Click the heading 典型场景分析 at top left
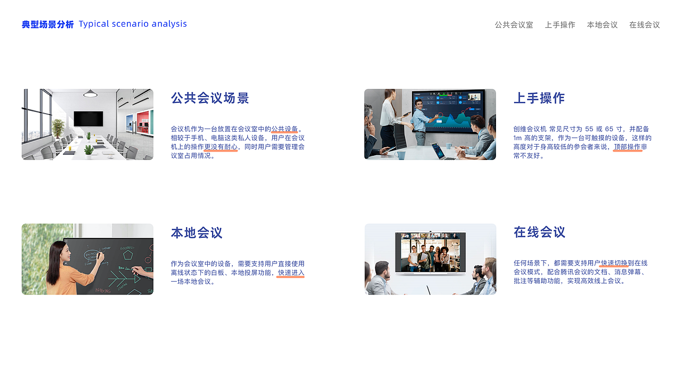[x=47, y=25]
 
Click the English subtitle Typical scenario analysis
[x=133, y=24]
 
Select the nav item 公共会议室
[x=514, y=25]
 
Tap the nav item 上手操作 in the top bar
[x=560, y=25]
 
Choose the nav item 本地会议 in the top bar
[x=602, y=25]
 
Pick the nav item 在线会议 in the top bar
[x=644, y=25]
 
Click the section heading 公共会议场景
[x=210, y=98]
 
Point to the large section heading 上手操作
[x=539, y=98]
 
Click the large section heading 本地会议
[x=197, y=233]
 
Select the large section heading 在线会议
[x=539, y=233]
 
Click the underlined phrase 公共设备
[x=285, y=129]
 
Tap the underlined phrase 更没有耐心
[x=221, y=147]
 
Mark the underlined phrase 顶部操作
[x=627, y=147]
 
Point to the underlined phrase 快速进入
[x=291, y=273]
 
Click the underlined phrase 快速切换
[x=614, y=263]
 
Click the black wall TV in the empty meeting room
[x=88, y=118]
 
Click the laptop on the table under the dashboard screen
[x=443, y=151]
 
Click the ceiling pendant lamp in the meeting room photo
[x=91, y=94]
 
